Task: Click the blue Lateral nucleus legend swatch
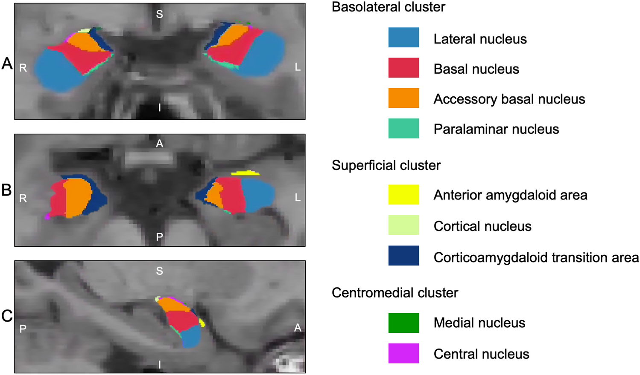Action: pyautogui.click(x=403, y=37)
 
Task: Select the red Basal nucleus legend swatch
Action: pyautogui.click(x=403, y=68)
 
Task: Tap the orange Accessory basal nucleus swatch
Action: pyautogui.click(x=403, y=98)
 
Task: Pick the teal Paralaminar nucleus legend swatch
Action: pyautogui.click(x=403, y=128)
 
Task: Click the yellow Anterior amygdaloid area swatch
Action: pyautogui.click(x=403, y=195)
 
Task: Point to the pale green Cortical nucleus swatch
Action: pyautogui.click(x=403, y=225)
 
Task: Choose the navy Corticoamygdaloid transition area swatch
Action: pyautogui.click(x=403, y=256)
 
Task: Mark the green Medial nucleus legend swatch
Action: pyautogui.click(x=403, y=323)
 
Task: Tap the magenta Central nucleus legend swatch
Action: pyautogui.click(x=403, y=353)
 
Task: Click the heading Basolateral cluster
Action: pyautogui.click(x=388, y=7)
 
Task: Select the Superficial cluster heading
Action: pyautogui.click(x=386, y=165)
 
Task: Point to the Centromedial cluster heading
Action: pyautogui.click(x=395, y=293)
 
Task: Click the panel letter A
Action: pyautogui.click(x=7, y=63)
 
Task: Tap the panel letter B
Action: pyautogui.click(x=6, y=190)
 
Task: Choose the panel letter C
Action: pyautogui.click(x=7, y=316)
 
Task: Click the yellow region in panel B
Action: pyautogui.click(x=245, y=173)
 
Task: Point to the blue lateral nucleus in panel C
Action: pyautogui.click(x=191, y=337)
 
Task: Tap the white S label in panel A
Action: pyautogui.click(x=159, y=14)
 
